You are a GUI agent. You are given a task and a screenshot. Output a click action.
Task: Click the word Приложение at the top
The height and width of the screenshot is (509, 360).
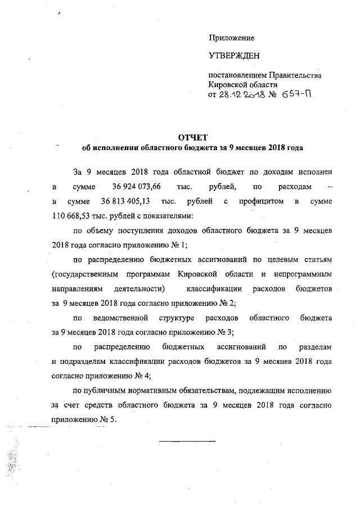[x=232, y=38]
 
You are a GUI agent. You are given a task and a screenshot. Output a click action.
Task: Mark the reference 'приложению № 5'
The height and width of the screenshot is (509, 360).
[x=85, y=420]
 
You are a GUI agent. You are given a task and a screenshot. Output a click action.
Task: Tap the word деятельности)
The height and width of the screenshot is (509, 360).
[x=138, y=289]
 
